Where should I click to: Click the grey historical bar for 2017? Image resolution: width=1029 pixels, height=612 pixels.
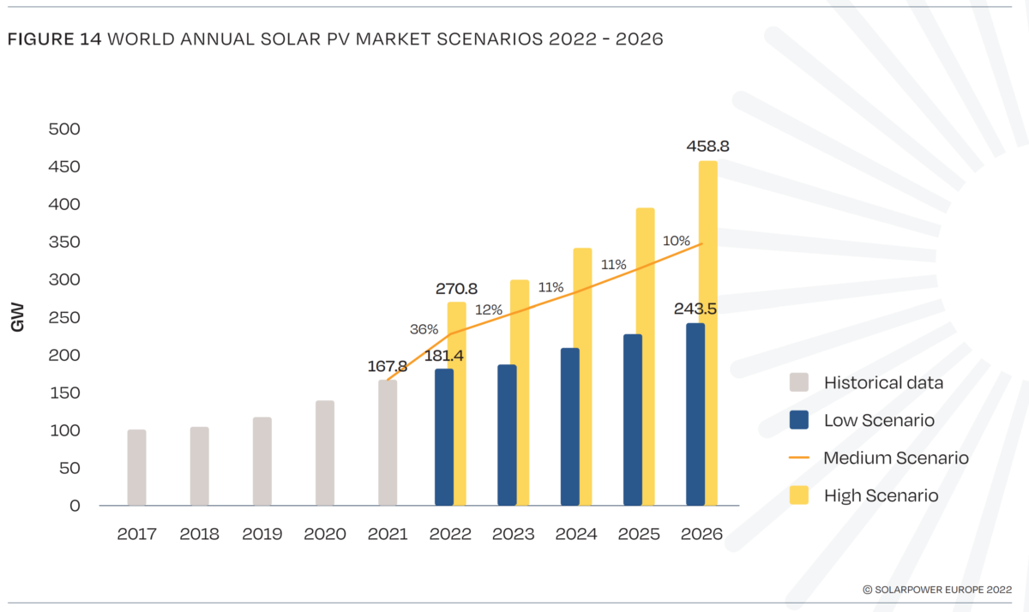click(136, 467)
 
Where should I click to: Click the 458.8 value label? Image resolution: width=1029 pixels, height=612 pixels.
click(707, 147)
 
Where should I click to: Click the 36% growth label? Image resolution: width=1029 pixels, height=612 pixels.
click(424, 329)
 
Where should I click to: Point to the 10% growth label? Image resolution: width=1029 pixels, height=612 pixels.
click(677, 241)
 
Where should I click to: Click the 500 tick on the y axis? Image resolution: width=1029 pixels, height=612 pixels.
click(63, 129)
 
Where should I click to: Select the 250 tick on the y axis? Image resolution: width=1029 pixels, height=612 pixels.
click(63, 318)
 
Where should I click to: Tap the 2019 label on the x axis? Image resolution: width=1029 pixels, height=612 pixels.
click(262, 534)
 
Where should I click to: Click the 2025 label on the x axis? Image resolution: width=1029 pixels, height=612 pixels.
click(639, 534)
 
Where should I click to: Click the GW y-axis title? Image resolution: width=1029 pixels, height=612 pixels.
click(17, 318)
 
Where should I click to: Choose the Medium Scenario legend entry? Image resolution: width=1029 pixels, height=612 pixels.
click(895, 458)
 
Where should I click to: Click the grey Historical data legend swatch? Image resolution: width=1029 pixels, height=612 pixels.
click(799, 382)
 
